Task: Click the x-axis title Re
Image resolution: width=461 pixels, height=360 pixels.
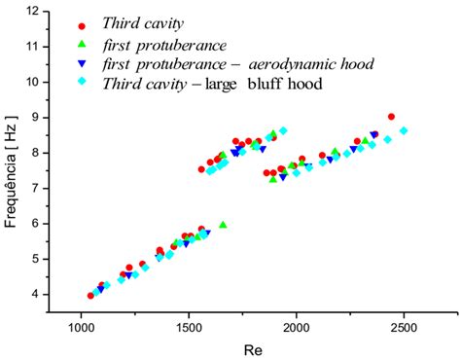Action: (x=251, y=346)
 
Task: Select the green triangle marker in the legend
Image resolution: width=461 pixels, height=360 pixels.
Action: (x=83, y=45)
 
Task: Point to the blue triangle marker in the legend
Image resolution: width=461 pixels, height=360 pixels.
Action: (x=83, y=63)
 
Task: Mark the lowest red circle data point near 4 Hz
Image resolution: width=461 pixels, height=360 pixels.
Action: (x=90, y=296)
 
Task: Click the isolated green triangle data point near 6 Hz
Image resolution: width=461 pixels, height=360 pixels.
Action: (x=223, y=225)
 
